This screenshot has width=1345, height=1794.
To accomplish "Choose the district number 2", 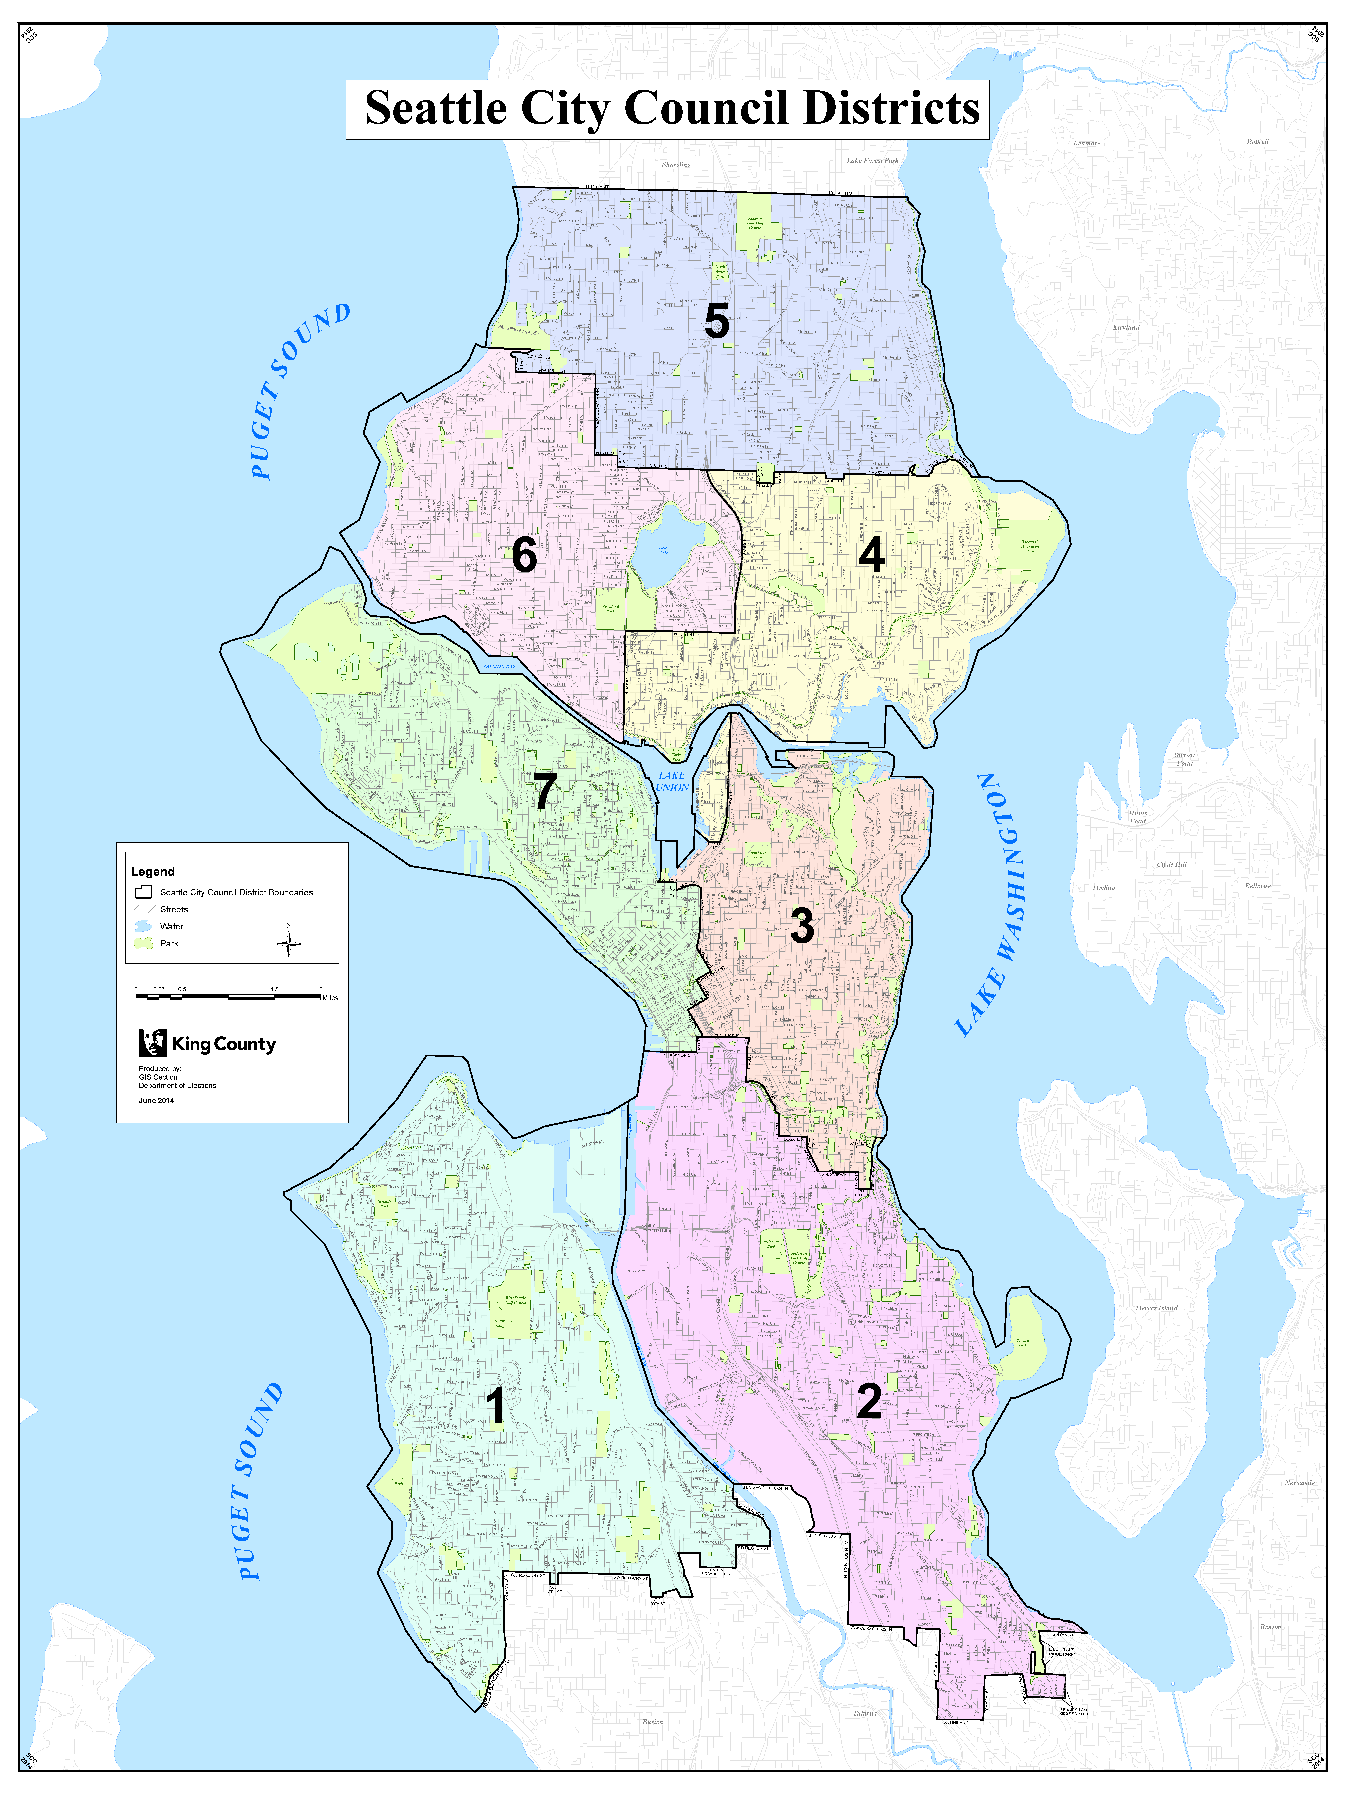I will click(x=869, y=1401).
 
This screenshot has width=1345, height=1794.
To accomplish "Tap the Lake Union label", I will click(x=672, y=781).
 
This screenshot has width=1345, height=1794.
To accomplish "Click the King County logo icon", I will click(x=152, y=1043).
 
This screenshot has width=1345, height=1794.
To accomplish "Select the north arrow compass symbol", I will click(x=289, y=943).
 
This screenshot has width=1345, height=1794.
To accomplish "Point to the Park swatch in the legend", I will click(x=143, y=943).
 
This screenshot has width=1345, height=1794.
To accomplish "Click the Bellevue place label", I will click(x=1257, y=886).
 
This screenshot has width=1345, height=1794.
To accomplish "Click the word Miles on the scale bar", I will click(x=330, y=998).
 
